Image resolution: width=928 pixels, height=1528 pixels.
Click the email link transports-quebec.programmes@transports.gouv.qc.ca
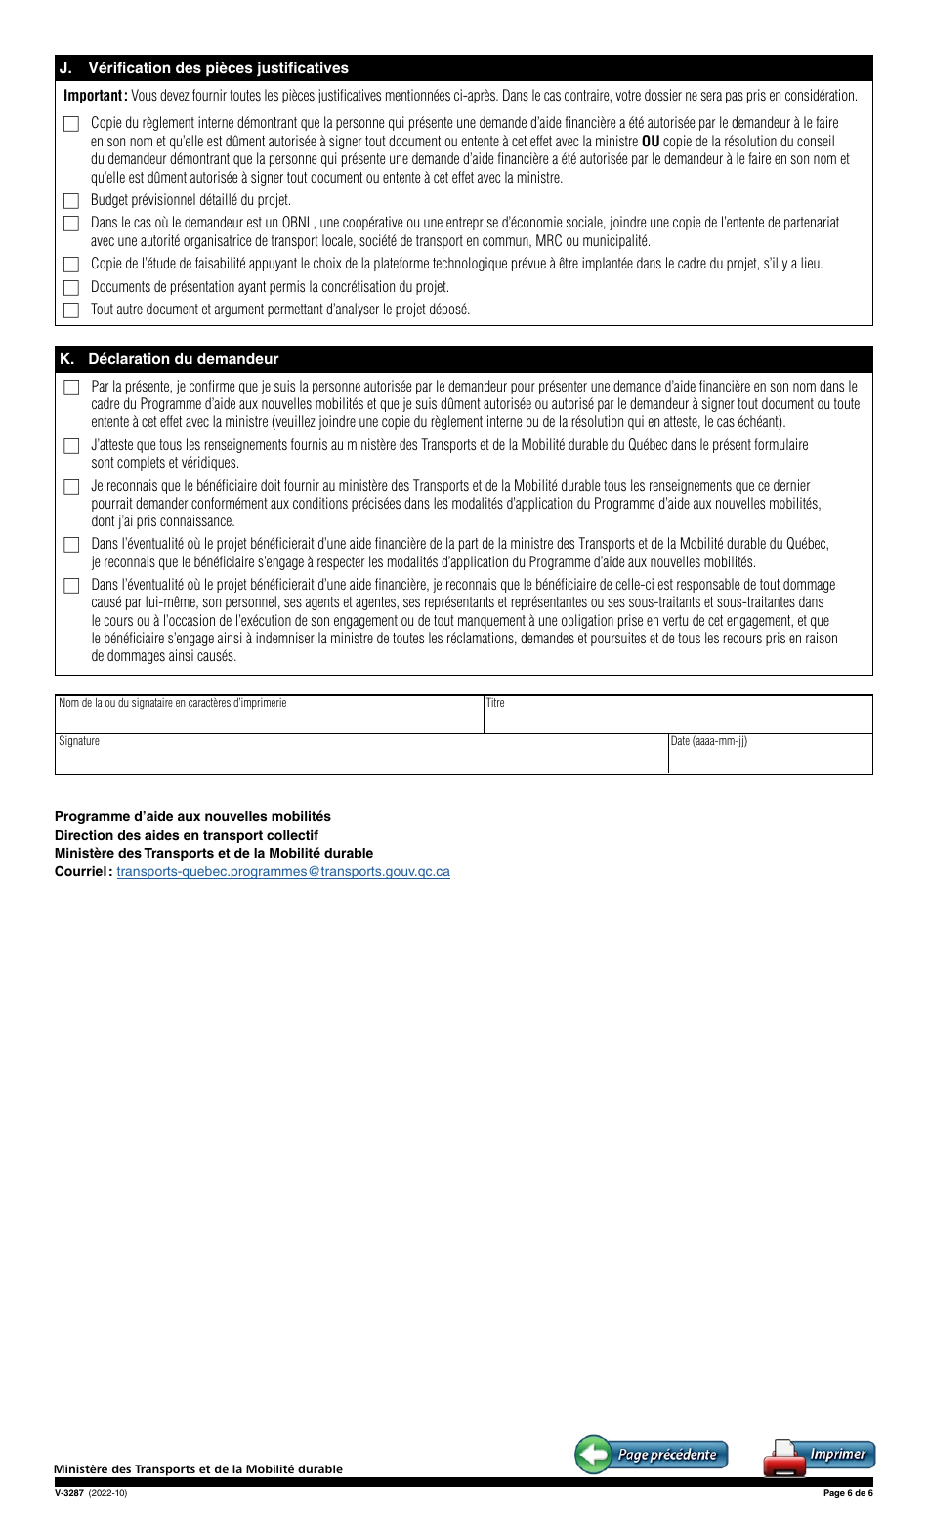point(283,871)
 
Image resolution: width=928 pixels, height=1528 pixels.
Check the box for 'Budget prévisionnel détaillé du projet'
point(70,201)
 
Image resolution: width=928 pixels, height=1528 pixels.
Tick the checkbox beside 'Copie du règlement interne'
point(70,124)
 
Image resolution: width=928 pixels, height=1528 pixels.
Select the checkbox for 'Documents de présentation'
point(70,288)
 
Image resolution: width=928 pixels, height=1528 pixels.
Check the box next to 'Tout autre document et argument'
point(70,310)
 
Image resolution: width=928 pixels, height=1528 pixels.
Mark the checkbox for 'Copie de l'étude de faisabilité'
point(70,265)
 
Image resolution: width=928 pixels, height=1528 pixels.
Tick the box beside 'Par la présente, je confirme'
point(70,388)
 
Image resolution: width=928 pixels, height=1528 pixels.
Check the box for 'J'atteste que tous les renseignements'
point(70,446)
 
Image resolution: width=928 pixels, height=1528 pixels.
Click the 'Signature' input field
point(361,755)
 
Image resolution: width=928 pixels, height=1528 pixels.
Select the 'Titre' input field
point(678,716)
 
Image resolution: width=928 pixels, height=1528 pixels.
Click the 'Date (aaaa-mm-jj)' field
point(770,755)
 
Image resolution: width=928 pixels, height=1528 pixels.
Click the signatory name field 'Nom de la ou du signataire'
point(269,716)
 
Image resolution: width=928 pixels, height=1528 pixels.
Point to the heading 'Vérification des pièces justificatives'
point(218,68)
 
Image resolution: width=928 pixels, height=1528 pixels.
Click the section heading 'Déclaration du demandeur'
point(183,359)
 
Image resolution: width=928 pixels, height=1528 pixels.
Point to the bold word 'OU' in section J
point(651,141)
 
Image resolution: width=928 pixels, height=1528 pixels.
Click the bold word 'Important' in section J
point(94,96)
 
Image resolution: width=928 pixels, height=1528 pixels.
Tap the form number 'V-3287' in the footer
point(69,1493)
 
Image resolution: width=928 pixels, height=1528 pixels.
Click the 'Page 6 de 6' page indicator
point(847,1493)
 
